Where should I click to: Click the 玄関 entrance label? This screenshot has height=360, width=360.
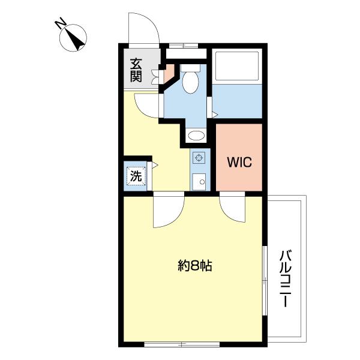(x=136, y=70)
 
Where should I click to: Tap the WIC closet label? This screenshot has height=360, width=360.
(x=239, y=163)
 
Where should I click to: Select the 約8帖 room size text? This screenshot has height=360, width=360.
(x=194, y=266)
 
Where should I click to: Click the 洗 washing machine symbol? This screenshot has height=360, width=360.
(x=136, y=176)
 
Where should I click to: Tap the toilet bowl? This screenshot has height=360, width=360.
(x=190, y=82)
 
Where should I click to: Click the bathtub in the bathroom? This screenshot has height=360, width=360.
(x=237, y=65)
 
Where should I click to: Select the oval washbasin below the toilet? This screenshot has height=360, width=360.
(x=196, y=136)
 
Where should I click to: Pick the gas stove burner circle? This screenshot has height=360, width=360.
(x=199, y=158)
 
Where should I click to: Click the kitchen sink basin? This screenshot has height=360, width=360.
(x=199, y=182)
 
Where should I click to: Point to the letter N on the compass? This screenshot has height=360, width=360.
(x=61, y=25)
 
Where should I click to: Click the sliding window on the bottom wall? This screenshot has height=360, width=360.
(x=182, y=344)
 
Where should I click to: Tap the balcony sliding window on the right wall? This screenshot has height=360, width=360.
(x=265, y=281)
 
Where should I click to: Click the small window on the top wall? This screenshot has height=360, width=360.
(x=184, y=46)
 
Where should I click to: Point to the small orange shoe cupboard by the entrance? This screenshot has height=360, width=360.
(x=169, y=73)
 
